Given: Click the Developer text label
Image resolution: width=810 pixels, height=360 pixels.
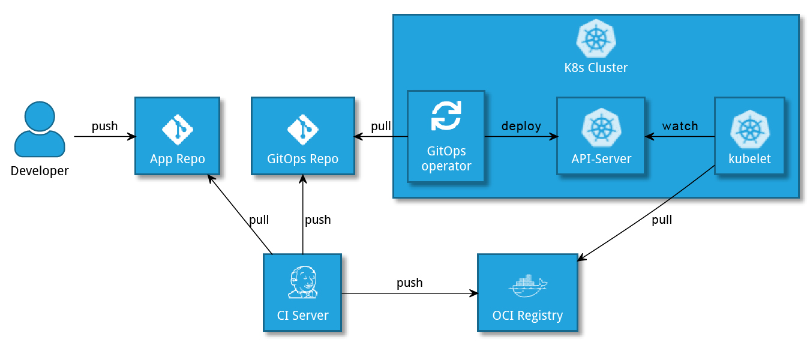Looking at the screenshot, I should (x=40, y=171).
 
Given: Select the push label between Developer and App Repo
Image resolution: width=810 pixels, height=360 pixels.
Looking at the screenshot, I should (x=104, y=126).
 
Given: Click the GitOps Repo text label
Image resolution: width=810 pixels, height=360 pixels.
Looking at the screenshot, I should (x=302, y=159).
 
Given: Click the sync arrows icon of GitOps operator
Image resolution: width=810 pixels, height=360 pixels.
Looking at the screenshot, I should (x=446, y=116).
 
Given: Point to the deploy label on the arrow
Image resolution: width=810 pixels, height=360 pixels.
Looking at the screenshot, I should (x=521, y=126).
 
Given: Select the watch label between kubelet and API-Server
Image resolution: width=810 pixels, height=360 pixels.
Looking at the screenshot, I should (x=680, y=126).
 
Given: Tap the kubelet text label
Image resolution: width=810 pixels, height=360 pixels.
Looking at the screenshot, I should (x=749, y=159).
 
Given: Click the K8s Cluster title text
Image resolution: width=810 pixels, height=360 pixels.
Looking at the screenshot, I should (x=596, y=67).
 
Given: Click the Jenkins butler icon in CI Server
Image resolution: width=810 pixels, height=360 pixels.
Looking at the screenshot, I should (x=302, y=283).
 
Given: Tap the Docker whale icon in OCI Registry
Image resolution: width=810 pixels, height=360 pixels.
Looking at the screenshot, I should (x=527, y=286).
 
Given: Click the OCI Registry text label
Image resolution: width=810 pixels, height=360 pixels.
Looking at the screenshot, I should (x=527, y=316).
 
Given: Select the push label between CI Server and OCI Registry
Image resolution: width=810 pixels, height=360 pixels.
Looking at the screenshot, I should (x=409, y=282).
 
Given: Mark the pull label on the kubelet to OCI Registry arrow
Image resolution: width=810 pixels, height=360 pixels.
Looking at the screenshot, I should (x=662, y=220).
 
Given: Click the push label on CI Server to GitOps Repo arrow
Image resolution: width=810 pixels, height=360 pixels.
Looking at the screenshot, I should (x=317, y=220).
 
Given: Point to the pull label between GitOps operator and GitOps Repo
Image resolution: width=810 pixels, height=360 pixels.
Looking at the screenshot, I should (x=381, y=126).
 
